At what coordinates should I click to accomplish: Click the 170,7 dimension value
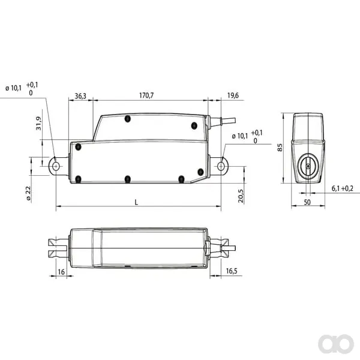(x=146, y=95)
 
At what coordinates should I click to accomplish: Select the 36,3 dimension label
(x=80, y=96)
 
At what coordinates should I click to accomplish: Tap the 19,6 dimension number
(x=233, y=95)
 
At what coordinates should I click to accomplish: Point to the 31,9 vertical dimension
(x=38, y=123)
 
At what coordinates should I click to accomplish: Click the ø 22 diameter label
(x=28, y=193)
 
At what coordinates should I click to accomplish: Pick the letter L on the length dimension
(x=136, y=202)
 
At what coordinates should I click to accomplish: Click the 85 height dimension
(x=280, y=148)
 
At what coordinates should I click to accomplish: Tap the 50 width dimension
(x=307, y=202)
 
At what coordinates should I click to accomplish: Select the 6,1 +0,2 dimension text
(x=343, y=188)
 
